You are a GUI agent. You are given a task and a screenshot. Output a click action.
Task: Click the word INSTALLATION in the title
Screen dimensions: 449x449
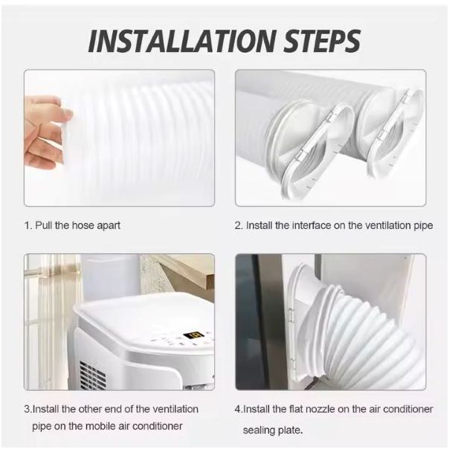[182, 41]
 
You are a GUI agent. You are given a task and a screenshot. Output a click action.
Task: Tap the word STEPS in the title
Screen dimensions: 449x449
[322, 41]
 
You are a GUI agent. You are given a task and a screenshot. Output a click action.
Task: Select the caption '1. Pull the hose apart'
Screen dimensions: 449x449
[72, 226]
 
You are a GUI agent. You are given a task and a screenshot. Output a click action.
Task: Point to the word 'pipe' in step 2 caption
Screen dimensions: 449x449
[423, 226]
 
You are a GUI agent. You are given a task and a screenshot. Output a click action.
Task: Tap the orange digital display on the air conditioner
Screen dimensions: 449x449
[193, 335]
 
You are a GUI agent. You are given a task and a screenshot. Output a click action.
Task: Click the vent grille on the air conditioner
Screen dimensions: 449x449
[92, 375]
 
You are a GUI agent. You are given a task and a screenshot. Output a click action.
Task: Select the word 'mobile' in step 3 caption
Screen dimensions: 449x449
[101, 426]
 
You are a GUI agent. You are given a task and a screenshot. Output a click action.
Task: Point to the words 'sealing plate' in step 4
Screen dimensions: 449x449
[273, 430]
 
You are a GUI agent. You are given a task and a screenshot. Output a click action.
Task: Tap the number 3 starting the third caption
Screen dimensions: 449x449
[28, 409]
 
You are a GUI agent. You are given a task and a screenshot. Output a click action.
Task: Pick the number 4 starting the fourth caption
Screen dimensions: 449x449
[238, 409]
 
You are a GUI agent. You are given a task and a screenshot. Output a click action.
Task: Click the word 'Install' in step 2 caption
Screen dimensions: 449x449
[259, 226]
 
